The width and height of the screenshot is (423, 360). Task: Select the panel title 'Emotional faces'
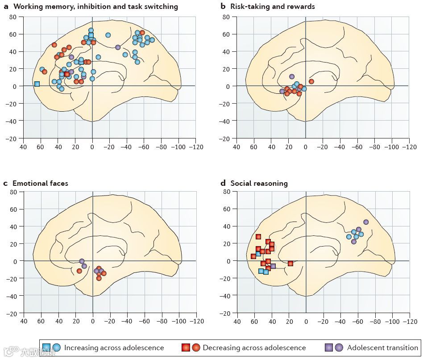(x=40, y=183)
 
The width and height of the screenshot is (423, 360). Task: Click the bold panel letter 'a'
(x=6, y=6)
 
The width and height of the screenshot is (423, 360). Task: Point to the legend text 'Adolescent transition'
(x=382, y=347)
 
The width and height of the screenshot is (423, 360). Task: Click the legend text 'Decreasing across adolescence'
(x=254, y=347)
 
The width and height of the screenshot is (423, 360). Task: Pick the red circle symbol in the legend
(x=196, y=347)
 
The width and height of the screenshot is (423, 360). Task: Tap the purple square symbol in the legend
(x=329, y=347)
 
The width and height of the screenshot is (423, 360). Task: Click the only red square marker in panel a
(x=67, y=74)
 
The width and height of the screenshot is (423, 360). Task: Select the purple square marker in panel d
(x=273, y=266)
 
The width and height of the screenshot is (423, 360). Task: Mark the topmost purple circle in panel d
(x=366, y=222)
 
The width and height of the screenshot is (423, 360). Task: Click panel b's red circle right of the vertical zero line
(x=311, y=81)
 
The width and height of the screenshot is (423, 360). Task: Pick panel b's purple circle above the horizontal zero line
(x=292, y=77)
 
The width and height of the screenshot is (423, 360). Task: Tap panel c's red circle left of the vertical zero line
(x=79, y=271)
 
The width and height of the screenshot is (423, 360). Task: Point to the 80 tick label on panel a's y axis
(x=13, y=17)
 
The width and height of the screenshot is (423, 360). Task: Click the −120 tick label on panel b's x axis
(x=409, y=147)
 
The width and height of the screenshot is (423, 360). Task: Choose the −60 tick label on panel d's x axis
(x=357, y=322)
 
